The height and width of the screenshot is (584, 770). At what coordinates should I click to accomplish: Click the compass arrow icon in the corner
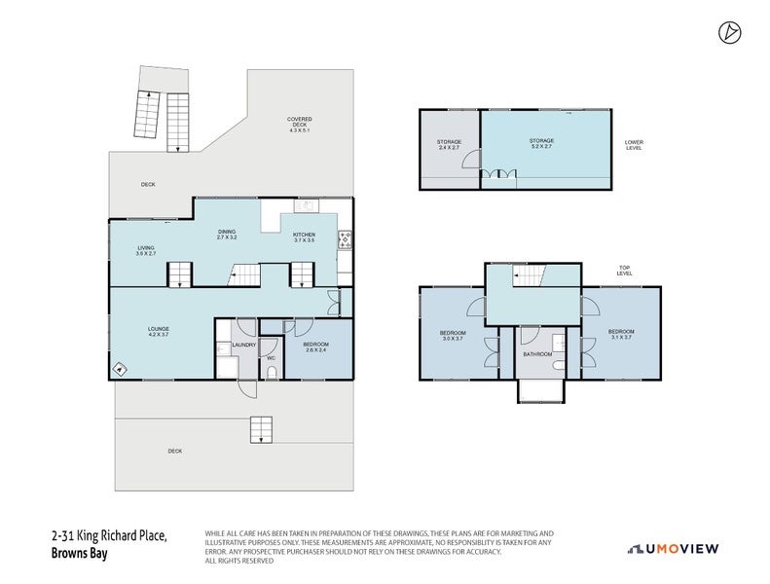[727, 33]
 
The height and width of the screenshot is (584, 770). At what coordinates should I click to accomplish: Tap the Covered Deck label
[299, 124]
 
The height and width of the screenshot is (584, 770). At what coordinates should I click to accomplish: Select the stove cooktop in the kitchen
[344, 239]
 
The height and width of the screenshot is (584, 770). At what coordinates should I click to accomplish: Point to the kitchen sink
[304, 205]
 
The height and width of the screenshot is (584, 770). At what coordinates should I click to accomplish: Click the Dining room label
[227, 234]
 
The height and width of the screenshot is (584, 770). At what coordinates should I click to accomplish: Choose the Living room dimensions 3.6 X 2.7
[146, 253]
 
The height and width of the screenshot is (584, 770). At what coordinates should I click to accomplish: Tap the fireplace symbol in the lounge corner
[120, 368]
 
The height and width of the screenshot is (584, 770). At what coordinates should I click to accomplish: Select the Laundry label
[243, 345]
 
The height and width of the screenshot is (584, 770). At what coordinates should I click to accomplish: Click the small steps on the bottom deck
[260, 429]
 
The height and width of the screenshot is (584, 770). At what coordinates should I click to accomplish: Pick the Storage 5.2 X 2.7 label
[541, 144]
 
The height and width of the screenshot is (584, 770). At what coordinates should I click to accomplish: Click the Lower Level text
[634, 145]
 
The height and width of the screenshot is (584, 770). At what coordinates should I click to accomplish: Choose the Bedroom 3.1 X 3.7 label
[621, 334]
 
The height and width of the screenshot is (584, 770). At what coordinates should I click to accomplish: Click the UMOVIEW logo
[674, 549]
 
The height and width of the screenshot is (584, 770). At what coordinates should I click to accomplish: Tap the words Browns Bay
[79, 554]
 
